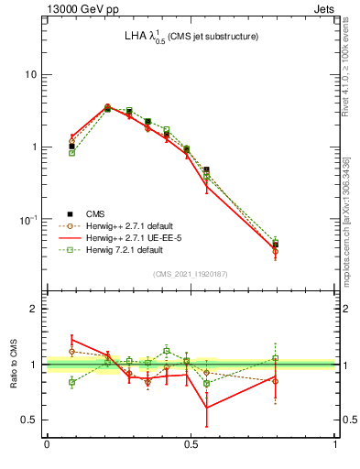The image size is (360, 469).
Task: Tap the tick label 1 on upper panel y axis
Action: pyautogui.click(x=35, y=147)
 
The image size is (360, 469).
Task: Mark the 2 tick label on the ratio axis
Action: pyautogui.click(x=35, y=309)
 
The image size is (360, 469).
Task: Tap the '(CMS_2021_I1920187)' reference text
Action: pyautogui.click(x=191, y=274)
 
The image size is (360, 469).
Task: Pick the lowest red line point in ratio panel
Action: pyautogui.click(x=207, y=408)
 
